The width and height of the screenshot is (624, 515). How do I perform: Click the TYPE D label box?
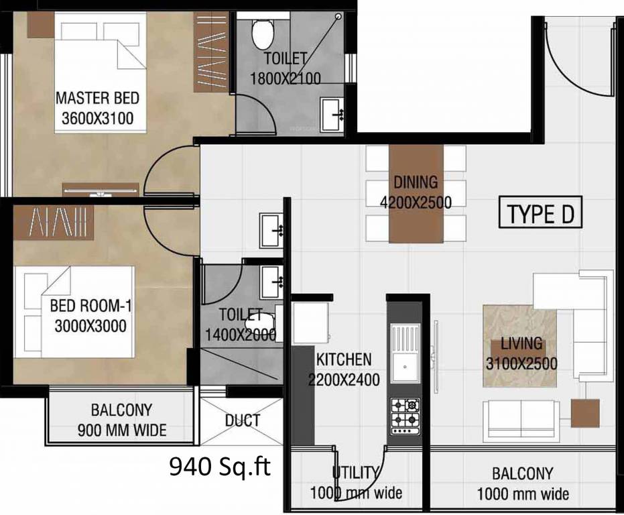(x=540, y=213)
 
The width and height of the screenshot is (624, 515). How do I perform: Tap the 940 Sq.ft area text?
(x=220, y=466)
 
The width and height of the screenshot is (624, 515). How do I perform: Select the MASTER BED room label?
(x=97, y=98)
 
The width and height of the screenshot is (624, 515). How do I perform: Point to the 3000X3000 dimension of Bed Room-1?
(x=90, y=326)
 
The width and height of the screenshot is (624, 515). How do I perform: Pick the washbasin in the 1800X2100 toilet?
(x=332, y=115)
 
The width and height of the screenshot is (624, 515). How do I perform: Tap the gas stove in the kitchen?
(x=405, y=416)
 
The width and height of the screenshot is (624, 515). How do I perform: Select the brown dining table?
(x=416, y=194)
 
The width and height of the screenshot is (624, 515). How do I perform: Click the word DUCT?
(x=243, y=420)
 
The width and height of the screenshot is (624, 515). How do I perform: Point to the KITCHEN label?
(x=344, y=359)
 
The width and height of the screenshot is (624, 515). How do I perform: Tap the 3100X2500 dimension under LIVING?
(x=521, y=363)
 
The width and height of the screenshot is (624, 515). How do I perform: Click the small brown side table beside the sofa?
(x=585, y=414)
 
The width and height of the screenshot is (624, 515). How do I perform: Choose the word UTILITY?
(x=356, y=473)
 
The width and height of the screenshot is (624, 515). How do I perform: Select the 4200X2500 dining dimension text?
(x=416, y=203)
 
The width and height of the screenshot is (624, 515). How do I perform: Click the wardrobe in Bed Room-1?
(x=54, y=223)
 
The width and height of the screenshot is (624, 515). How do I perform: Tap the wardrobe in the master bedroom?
(x=211, y=52)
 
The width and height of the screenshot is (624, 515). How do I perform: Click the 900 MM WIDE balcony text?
(x=122, y=430)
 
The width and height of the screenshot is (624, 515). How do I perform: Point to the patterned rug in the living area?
(x=519, y=346)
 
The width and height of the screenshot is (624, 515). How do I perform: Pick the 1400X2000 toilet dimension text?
(x=241, y=335)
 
